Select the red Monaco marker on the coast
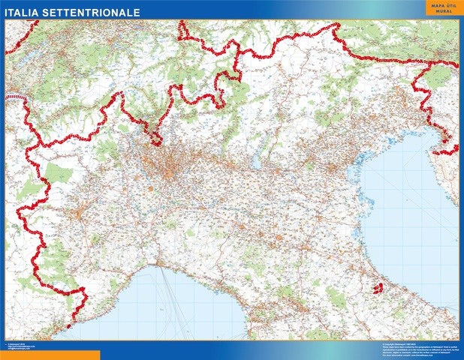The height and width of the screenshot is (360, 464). [x=68, y=326]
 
